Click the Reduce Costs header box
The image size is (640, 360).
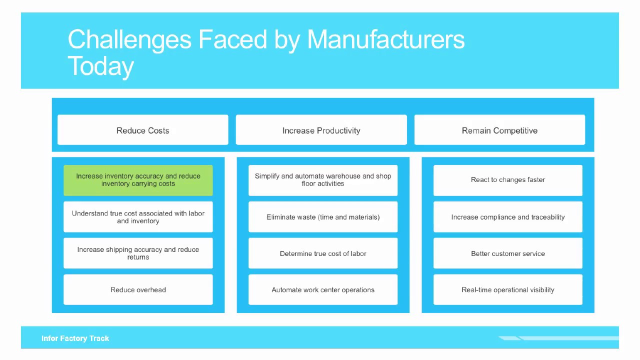pyautogui.click(x=143, y=130)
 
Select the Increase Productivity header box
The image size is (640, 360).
pyautogui.click(x=321, y=130)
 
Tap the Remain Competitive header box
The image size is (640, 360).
pyautogui.click(x=499, y=130)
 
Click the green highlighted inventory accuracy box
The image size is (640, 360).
pyautogui.click(x=138, y=180)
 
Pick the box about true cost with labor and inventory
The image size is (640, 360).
pyautogui.click(x=138, y=217)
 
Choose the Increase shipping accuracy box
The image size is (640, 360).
pyautogui.click(x=138, y=253)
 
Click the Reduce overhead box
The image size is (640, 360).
pyautogui.click(x=138, y=289)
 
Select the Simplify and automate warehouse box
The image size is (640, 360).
pyautogui.click(x=323, y=180)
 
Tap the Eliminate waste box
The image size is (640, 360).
pyautogui.click(x=323, y=217)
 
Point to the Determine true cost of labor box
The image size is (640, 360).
pyautogui.click(x=323, y=253)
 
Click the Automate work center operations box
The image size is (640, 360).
pyautogui.click(x=323, y=289)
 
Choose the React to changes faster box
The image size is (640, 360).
pyautogui.click(x=508, y=180)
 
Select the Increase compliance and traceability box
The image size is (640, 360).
pyautogui.click(x=508, y=217)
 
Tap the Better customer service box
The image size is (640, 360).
pyautogui.click(x=508, y=253)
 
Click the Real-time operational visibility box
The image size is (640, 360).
pyautogui.click(x=508, y=289)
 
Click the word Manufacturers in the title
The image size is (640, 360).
pyautogui.click(x=385, y=39)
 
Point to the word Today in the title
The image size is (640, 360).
pyautogui.click(x=100, y=66)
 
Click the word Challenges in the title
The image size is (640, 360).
pyautogui.click(x=129, y=39)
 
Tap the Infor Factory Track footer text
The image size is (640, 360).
pyautogui.click(x=75, y=338)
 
